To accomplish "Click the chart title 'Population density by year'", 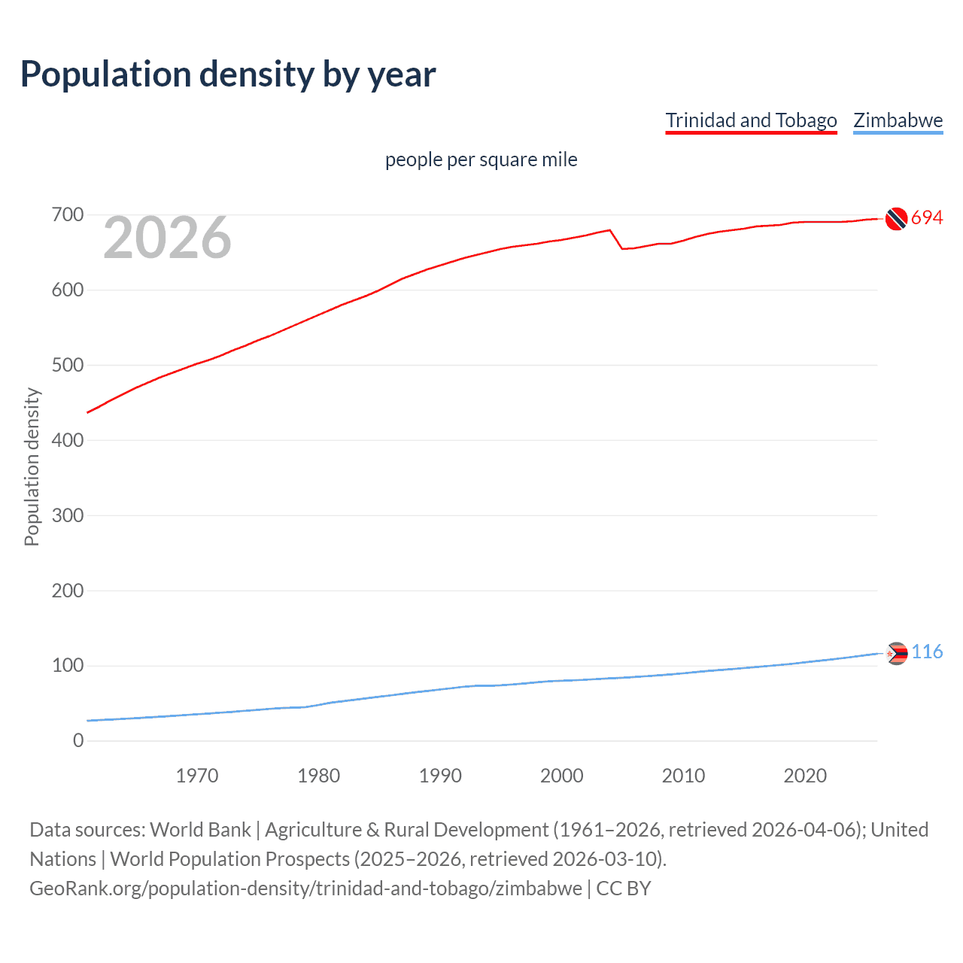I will [228, 74].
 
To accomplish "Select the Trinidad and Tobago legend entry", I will [751, 120].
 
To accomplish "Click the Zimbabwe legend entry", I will [898, 120].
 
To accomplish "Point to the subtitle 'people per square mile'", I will [481, 159].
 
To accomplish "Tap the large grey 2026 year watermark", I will [167, 238].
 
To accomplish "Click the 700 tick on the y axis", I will [67, 215].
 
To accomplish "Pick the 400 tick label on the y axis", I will [67, 440].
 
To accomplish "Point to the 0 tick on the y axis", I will [78, 741].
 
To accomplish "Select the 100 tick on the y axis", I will [67, 666].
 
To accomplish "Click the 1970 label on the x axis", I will [197, 776].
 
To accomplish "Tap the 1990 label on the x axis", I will [440, 776].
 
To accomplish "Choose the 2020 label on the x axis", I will [805, 776].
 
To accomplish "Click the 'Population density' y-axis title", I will [32, 466].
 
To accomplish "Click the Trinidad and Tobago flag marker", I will [895, 218].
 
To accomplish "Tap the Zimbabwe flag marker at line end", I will [896, 653].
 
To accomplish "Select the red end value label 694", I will [927, 218].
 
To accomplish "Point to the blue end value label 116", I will [927, 652].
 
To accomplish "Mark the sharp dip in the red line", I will [622, 248].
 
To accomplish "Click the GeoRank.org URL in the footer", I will [305, 889].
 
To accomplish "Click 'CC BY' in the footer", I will [624, 889].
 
